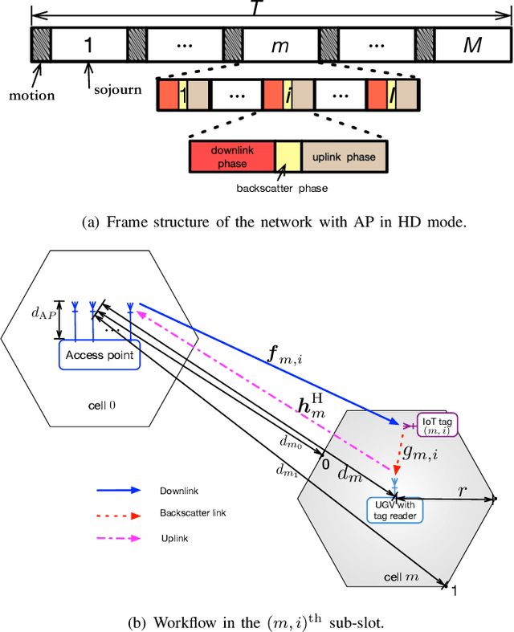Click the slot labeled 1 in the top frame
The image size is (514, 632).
point(88,45)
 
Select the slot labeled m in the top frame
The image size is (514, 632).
point(279,45)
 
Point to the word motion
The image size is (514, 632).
point(32,96)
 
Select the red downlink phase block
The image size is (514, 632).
point(230,157)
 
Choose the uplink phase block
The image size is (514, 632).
point(344,157)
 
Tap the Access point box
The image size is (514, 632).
point(100,353)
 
